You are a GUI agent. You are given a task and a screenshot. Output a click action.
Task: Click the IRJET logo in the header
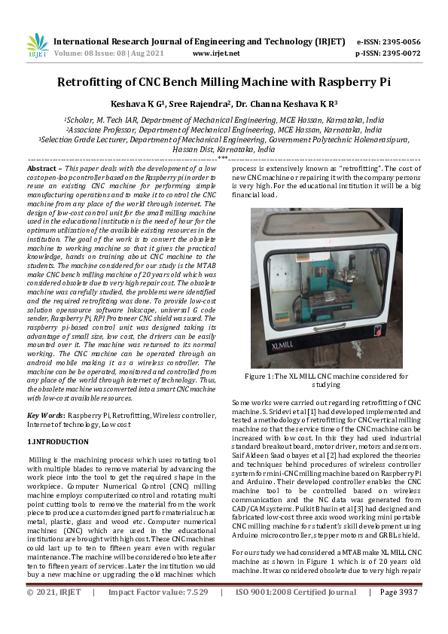pos(38,47)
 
